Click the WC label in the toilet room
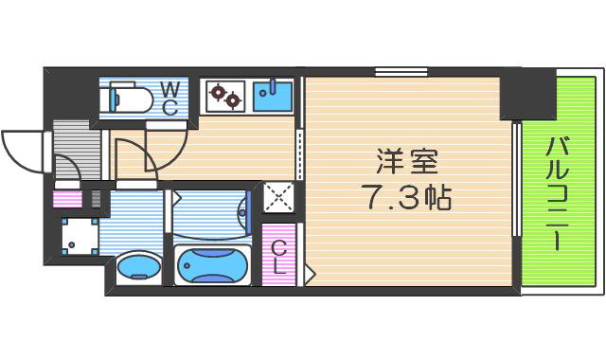pyautogui.click(x=169, y=99)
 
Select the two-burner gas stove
pyautogui.click(x=225, y=96)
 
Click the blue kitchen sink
pyautogui.click(x=273, y=96)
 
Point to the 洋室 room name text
pyautogui.click(x=407, y=161)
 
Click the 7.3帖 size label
pyautogui.click(x=407, y=197)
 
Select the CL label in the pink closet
pyautogui.click(x=278, y=257)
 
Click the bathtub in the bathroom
pyautogui.click(x=212, y=265)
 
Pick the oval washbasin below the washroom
pyautogui.click(x=139, y=267)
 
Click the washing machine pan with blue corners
pyautogui.click(x=80, y=236)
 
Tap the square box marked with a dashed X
pyautogui.click(x=278, y=197)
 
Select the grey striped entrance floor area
pyautogui.click(x=77, y=150)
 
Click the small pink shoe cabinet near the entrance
pyautogui.click(x=67, y=199)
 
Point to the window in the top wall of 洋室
pyautogui.click(x=401, y=72)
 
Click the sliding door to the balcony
pyautogui.click(x=517, y=179)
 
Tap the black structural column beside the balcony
pyautogui.click(x=528, y=94)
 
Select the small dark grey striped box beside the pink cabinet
pyautogui.click(x=96, y=199)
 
